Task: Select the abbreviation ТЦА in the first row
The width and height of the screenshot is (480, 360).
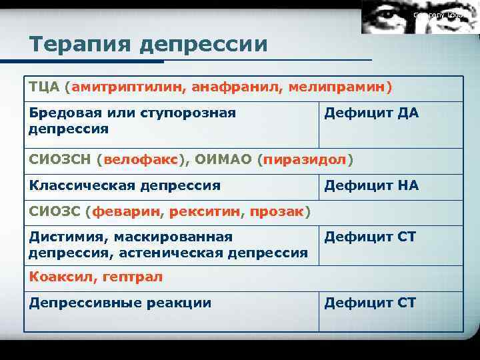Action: point(45,88)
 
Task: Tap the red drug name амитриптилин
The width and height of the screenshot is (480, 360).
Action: point(129,88)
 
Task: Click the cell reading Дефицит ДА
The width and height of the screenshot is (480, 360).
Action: point(371,113)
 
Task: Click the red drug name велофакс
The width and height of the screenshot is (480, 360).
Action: point(141,160)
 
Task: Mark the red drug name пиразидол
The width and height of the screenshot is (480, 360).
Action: point(305,160)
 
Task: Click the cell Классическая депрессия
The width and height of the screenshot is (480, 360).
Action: point(125,185)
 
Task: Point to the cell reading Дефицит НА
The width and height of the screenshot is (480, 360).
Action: point(371,185)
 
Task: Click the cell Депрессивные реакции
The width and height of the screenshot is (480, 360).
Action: point(120,303)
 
